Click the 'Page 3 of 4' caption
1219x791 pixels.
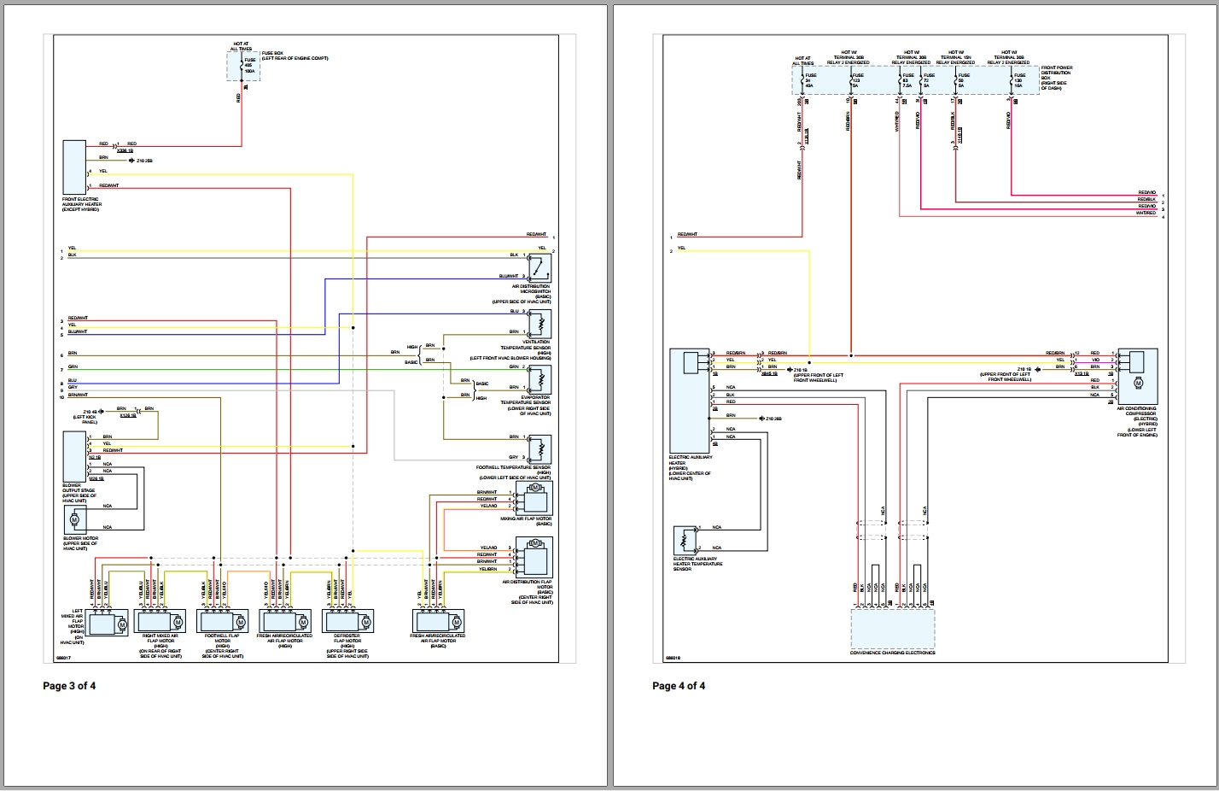tap(69, 685)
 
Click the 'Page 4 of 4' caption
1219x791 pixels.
tap(679, 685)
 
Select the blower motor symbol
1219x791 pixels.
tap(74, 519)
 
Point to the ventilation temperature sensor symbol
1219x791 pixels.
tap(540, 325)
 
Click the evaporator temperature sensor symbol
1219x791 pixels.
tap(540, 378)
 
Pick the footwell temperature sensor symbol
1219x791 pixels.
tap(540, 448)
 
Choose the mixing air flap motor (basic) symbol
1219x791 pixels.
tap(538, 495)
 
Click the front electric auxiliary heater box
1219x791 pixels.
tap(74, 167)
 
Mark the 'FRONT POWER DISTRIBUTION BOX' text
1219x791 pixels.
tap(1056, 75)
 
